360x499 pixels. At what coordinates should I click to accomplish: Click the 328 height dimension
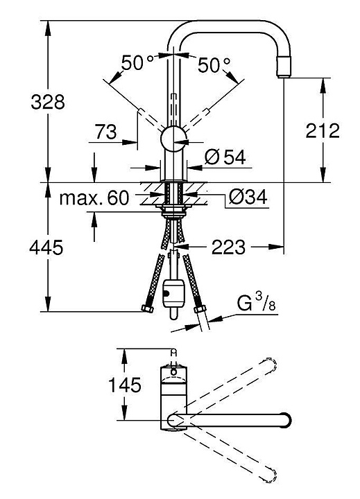[48, 102]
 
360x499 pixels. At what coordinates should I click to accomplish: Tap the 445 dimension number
[46, 247]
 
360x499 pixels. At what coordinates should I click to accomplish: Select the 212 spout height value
[323, 130]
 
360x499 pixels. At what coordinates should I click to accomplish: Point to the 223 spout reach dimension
[228, 247]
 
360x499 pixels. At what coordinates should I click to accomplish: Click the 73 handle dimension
[106, 132]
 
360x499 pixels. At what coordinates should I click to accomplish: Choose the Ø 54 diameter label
[225, 157]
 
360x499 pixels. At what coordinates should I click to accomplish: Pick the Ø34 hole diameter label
[248, 198]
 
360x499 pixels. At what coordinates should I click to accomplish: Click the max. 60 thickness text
[94, 198]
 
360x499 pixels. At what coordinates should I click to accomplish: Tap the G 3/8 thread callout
[256, 302]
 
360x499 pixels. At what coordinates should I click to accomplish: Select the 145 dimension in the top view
[125, 385]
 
